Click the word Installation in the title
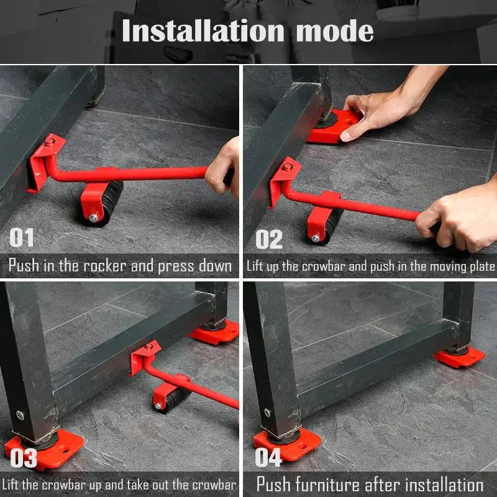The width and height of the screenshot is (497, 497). coord(203,31)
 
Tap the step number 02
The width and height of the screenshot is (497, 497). coord(268,239)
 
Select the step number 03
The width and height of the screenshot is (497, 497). coord(23,457)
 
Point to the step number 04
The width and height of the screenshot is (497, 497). coord(268,457)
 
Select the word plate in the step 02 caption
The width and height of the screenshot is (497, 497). coord(482,267)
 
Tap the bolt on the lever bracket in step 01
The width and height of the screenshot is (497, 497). coord(49,143)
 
